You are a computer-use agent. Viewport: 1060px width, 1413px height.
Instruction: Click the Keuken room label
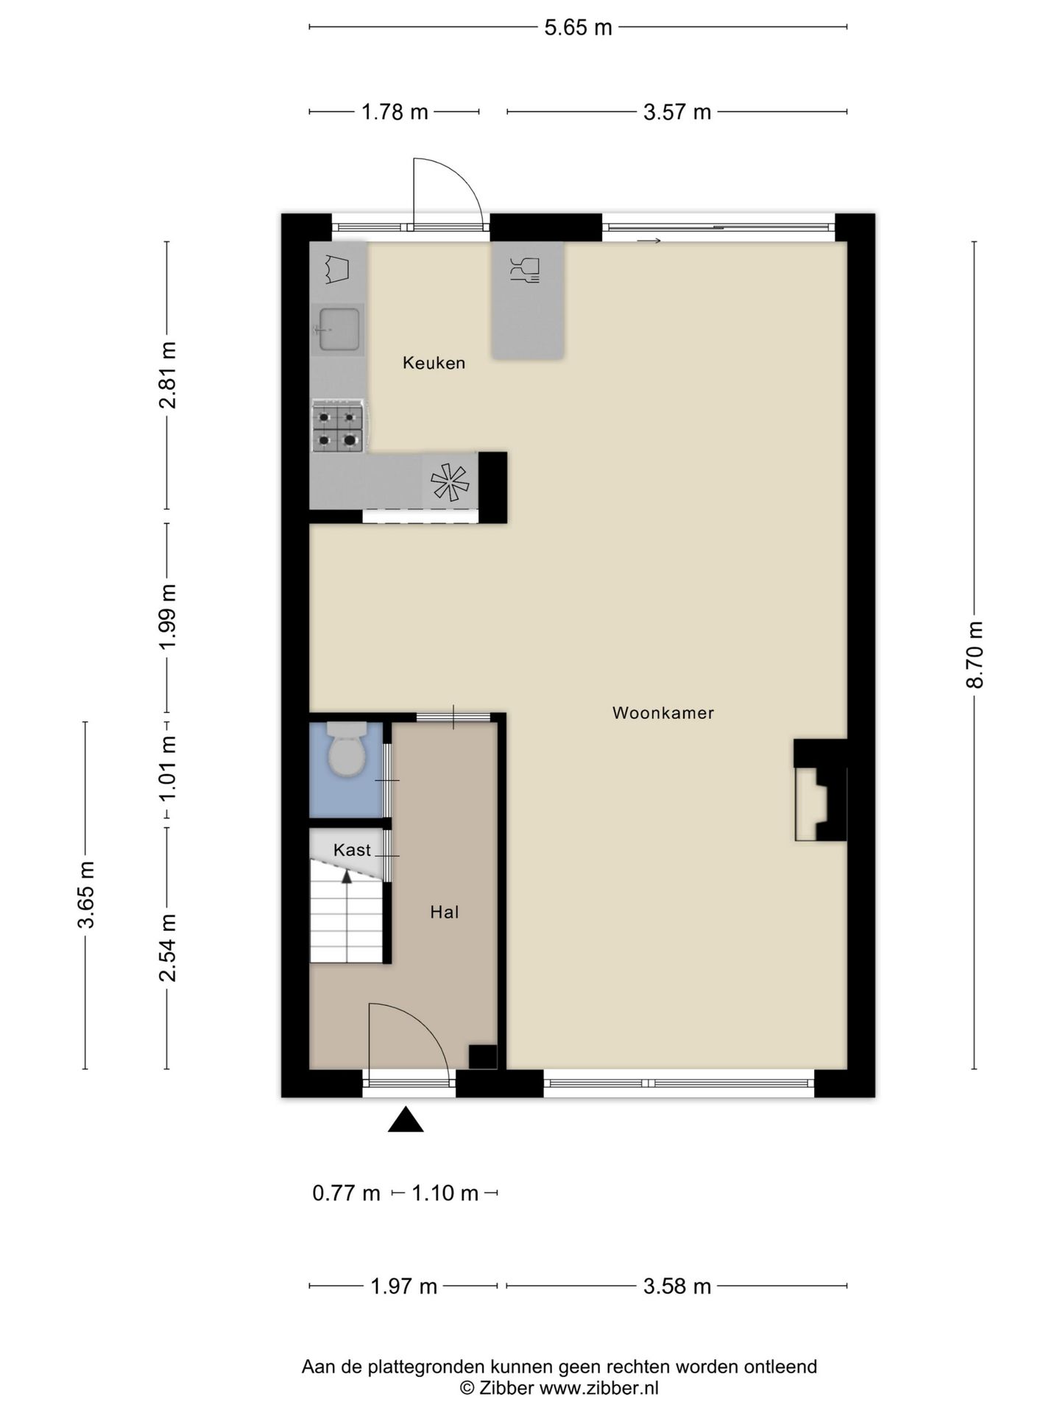(x=434, y=363)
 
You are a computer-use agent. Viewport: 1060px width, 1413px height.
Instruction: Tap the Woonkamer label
(x=663, y=712)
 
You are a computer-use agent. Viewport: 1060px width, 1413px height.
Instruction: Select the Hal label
(x=445, y=913)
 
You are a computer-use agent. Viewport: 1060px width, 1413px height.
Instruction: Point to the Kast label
(x=352, y=850)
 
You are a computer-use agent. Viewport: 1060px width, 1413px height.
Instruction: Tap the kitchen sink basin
(x=339, y=329)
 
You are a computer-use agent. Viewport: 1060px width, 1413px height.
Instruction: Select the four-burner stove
(x=338, y=426)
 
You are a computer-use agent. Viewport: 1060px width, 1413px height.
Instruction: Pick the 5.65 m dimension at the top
(x=578, y=27)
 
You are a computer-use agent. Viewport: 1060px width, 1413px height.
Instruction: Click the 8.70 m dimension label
(x=975, y=654)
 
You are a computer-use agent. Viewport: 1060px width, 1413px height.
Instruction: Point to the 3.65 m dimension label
(x=87, y=894)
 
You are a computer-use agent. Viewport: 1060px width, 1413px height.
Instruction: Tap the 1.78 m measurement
(x=395, y=112)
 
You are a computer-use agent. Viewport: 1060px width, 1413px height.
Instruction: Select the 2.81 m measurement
(x=169, y=375)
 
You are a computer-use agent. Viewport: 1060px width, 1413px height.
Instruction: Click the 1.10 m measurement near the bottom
(x=445, y=1193)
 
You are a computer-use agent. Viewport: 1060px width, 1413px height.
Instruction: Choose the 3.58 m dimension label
(x=677, y=1286)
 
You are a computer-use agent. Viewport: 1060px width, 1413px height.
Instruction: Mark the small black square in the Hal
(x=483, y=1057)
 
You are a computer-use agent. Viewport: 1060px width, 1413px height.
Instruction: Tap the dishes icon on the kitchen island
(x=525, y=269)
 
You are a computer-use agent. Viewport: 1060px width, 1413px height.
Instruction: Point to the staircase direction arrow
(x=345, y=876)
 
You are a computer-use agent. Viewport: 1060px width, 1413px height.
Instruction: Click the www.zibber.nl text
(x=598, y=1388)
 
